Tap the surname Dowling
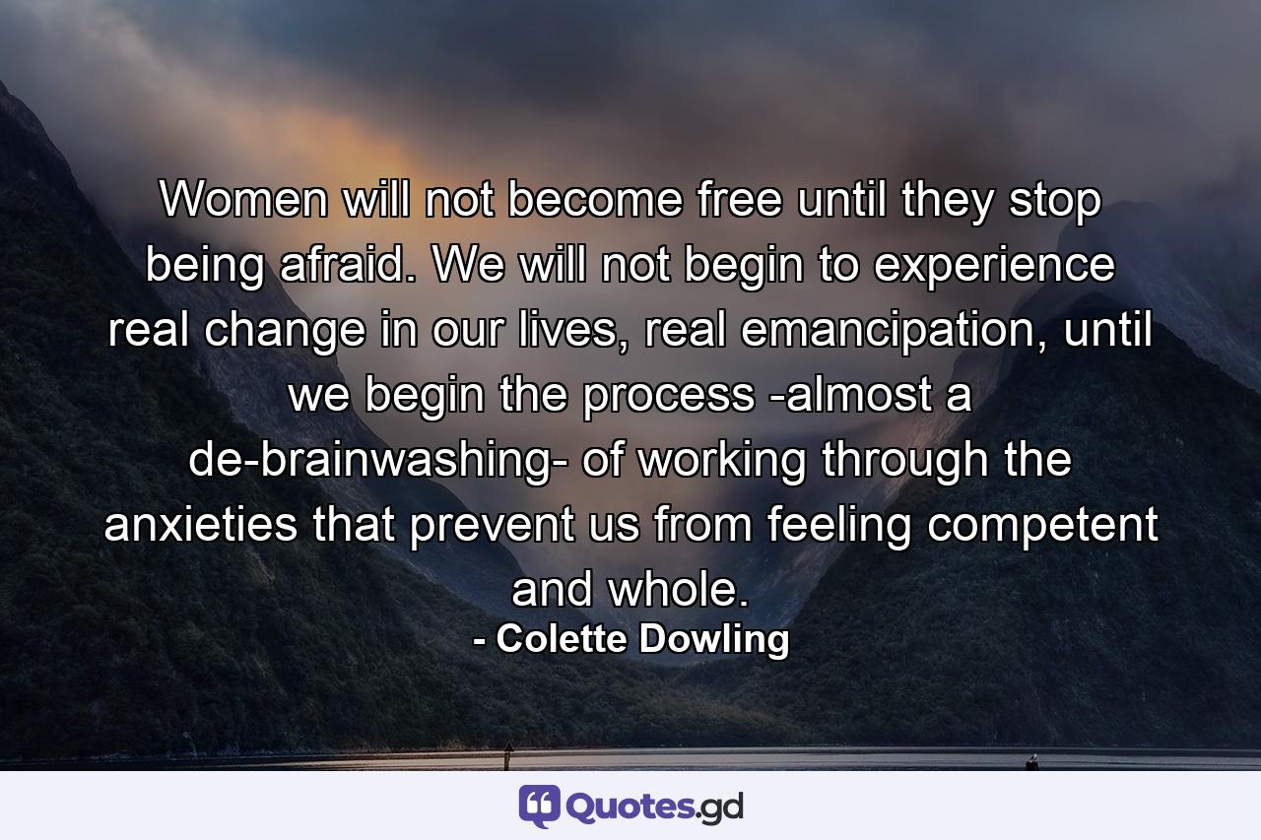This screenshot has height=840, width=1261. [x=715, y=640]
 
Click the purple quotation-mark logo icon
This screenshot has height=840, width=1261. [x=540, y=807]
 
